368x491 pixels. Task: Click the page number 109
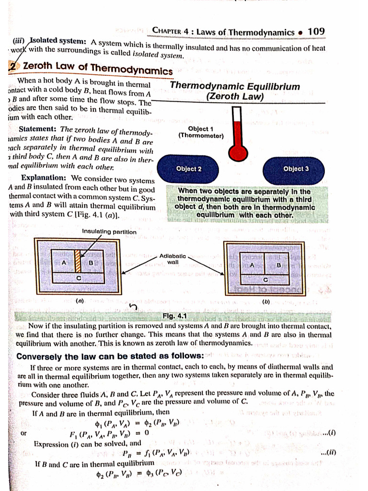tap(316, 32)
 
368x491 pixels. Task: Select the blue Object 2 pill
tap(189, 169)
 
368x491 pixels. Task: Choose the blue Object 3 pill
tap(296, 169)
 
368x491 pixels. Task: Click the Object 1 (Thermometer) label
tap(201, 132)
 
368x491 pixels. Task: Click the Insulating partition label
tap(109, 232)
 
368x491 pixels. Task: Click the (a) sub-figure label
tap(80, 301)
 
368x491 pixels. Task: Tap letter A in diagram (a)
tap(63, 262)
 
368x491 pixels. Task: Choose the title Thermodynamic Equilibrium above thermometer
tap(235, 87)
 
